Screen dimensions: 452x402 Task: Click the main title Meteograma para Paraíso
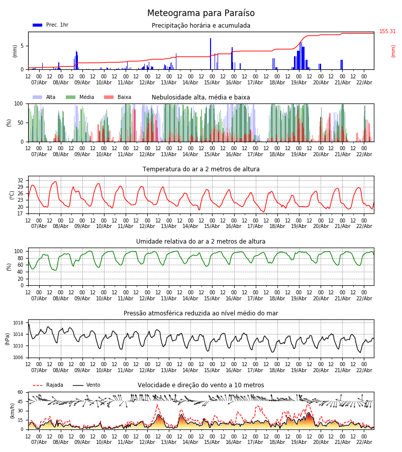pyautogui.click(x=201, y=14)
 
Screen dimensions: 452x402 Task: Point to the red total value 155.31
pyautogui.click(x=387, y=32)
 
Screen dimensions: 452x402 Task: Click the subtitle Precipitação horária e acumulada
pyautogui.click(x=201, y=26)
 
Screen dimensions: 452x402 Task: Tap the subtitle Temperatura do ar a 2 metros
pyautogui.click(x=201, y=169)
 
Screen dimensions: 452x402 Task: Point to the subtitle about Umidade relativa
pyautogui.click(x=201, y=242)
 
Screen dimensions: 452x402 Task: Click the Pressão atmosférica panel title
pyautogui.click(x=201, y=313)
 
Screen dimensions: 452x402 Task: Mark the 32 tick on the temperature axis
pyautogui.click(x=21, y=180)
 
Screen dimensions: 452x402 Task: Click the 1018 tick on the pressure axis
pyautogui.click(x=18, y=323)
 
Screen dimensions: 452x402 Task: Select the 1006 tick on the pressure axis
pyautogui.click(x=18, y=358)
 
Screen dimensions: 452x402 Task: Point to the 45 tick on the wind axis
pyautogui.click(x=21, y=401)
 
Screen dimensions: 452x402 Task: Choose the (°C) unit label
pyautogui.click(x=12, y=195)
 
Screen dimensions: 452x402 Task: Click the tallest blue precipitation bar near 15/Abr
pyautogui.click(x=211, y=53)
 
